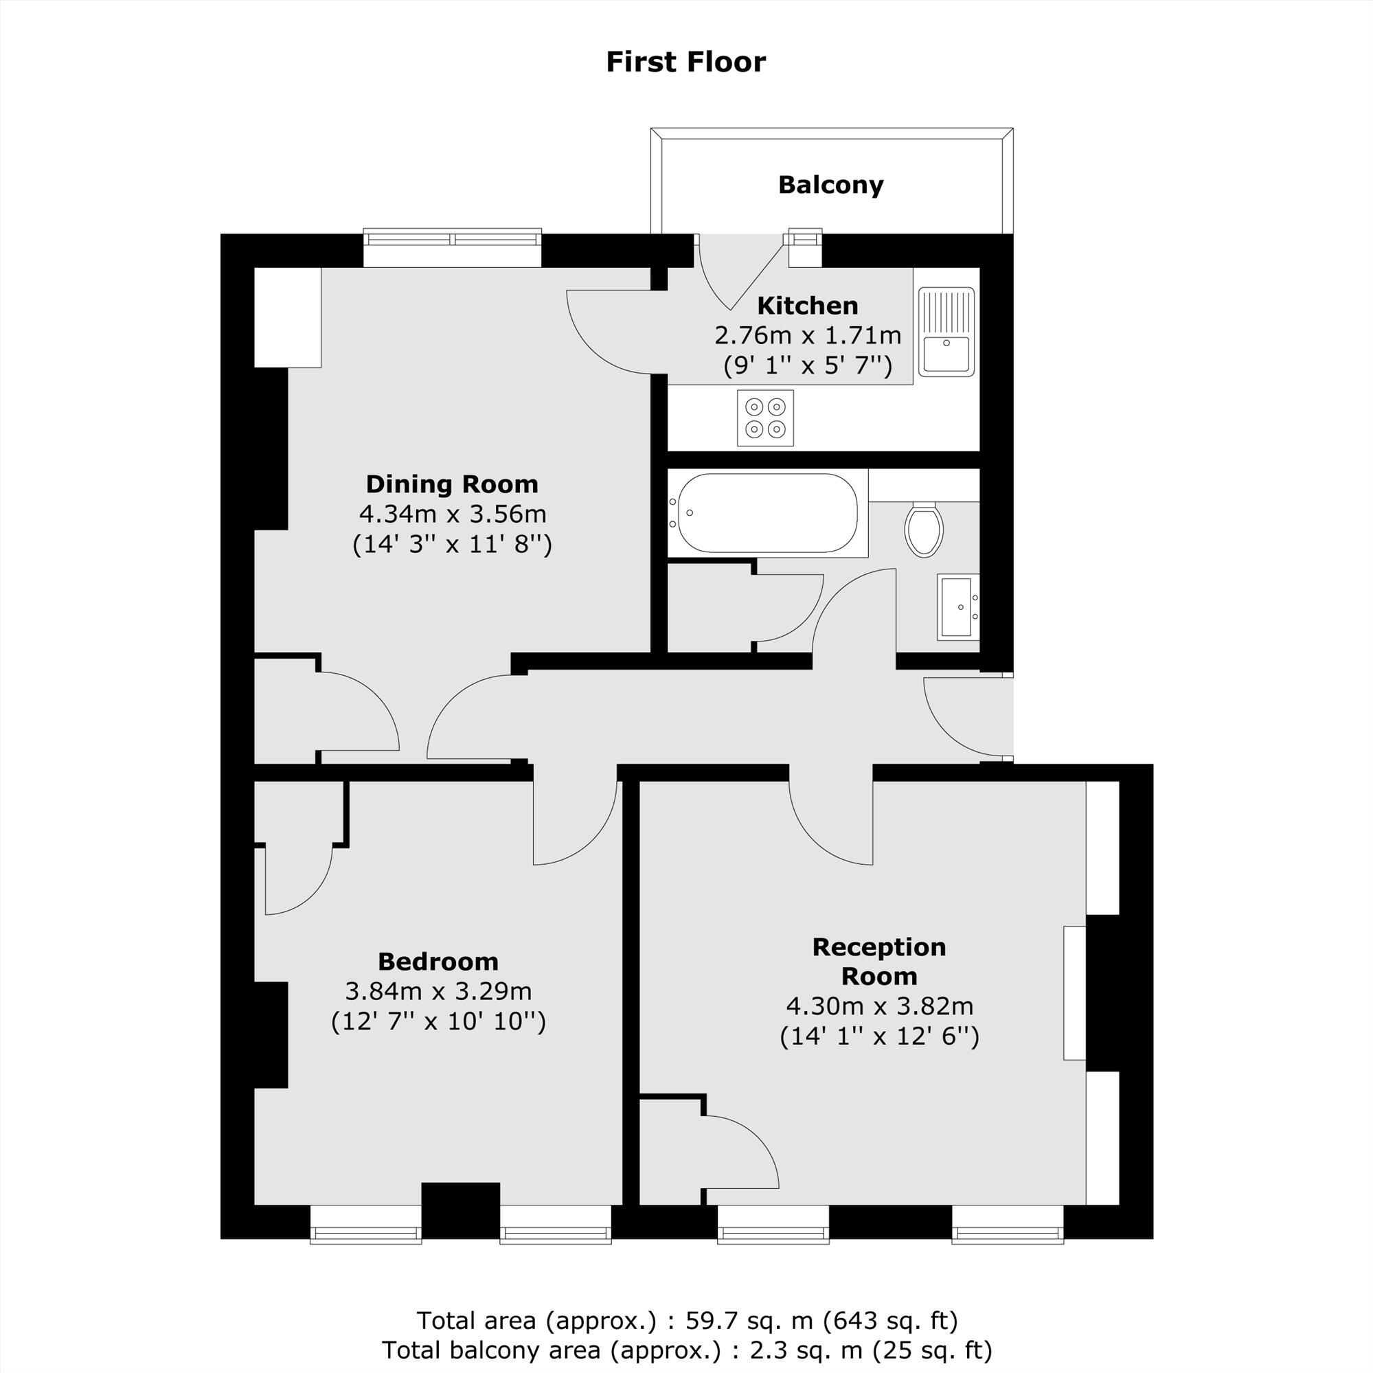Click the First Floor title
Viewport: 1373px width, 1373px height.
point(685,62)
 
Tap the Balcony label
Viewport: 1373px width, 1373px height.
point(830,185)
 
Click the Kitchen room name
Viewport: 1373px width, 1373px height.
point(807,306)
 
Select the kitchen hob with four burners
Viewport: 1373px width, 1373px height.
point(765,418)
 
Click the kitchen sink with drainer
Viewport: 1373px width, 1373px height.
point(946,330)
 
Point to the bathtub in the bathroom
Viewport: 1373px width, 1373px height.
point(767,512)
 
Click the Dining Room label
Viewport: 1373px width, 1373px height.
point(452,484)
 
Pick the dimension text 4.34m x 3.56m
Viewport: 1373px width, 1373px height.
point(452,513)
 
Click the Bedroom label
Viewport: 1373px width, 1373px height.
point(438,962)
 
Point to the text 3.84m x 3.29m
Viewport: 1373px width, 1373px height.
point(438,990)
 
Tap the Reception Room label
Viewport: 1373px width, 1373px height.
point(879,962)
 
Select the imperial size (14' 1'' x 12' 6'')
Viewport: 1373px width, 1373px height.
point(879,1037)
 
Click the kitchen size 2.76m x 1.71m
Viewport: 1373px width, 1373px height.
point(807,335)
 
